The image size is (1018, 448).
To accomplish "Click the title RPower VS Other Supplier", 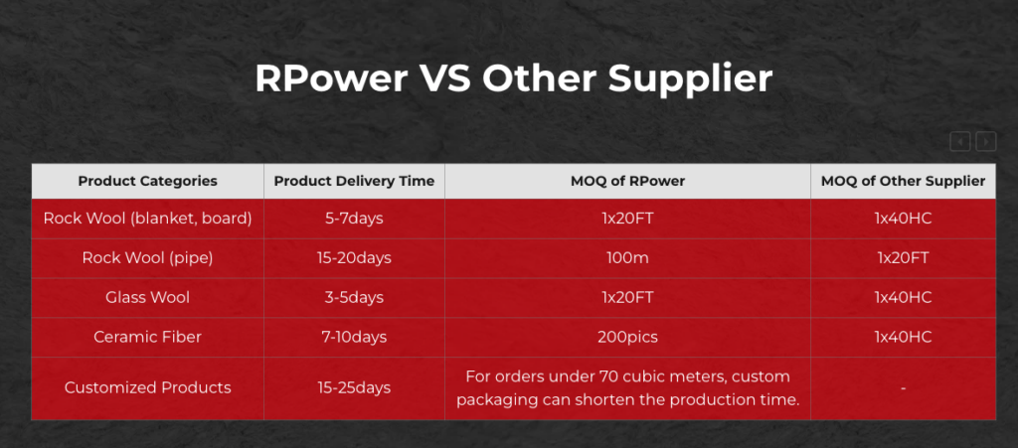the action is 514,79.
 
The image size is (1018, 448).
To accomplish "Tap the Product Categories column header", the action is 147,181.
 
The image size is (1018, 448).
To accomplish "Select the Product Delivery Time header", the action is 354,181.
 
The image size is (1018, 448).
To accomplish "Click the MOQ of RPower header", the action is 627,181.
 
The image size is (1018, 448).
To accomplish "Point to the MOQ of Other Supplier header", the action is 903,181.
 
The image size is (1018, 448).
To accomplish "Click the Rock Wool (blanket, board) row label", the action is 147,219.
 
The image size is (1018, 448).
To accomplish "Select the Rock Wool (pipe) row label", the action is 147,258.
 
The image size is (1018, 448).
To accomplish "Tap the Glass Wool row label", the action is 147,298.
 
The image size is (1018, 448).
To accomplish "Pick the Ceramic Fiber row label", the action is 147,337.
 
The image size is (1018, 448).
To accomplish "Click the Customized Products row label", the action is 147,387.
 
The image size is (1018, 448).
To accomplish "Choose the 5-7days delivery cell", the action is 354,219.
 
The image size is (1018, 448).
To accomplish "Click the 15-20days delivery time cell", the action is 354,258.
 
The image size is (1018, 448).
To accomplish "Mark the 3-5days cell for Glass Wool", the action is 354,298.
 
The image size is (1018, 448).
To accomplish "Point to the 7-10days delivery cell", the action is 354,337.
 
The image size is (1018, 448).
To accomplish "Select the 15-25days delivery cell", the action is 354,387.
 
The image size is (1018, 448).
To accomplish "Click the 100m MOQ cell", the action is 627,258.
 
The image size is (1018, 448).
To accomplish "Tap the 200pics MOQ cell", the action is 627,337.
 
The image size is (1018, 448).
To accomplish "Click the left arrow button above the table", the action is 959,141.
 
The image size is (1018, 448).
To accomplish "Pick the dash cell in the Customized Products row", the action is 903,387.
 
